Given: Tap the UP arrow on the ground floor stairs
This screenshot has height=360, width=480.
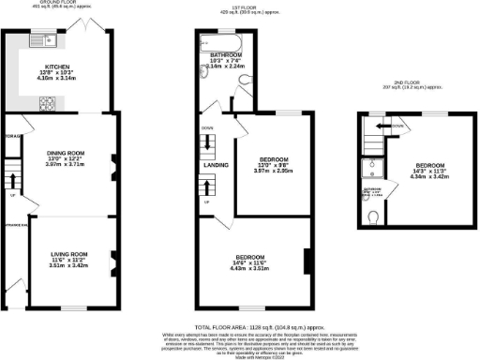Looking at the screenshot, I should (12, 196).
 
